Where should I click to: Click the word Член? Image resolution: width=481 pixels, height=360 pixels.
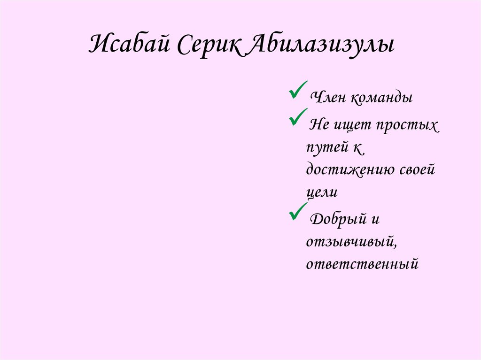[326, 98]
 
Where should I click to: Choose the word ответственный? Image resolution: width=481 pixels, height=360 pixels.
[362, 264]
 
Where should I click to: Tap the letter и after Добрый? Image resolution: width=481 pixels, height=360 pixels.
[375, 220]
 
